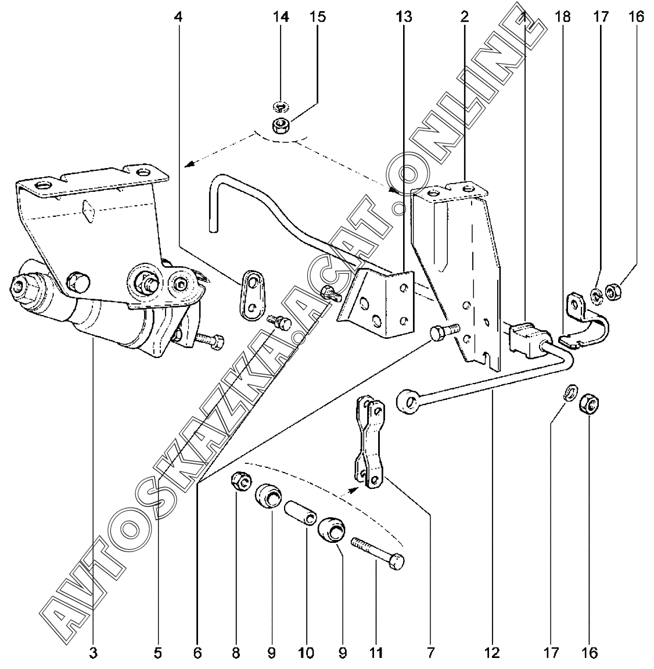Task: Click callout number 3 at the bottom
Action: point(93,653)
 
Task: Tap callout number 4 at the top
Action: point(178,17)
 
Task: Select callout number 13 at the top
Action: point(404,17)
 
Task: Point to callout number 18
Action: point(562,17)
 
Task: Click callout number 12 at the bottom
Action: point(492,653)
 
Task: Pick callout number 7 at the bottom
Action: point(430,653)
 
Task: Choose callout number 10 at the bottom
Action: point(306,653)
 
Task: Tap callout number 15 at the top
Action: point(317,17)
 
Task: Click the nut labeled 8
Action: point(241,481)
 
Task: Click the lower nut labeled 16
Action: point(590,403)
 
